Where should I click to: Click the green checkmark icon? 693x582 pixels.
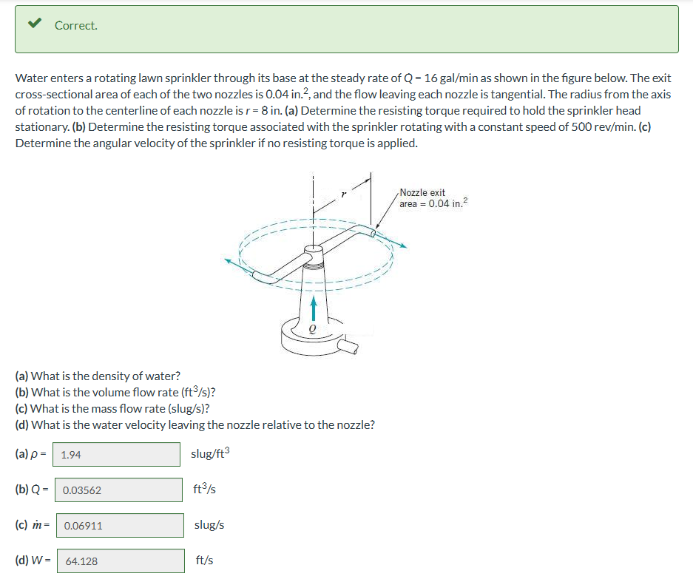[33, 24]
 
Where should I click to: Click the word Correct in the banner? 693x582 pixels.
[75, 25]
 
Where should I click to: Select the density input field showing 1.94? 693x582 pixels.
[118, 455]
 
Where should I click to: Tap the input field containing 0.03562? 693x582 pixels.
[118, 490]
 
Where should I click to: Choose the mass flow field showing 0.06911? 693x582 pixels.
[119, 526]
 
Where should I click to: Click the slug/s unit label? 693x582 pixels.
[209, 525]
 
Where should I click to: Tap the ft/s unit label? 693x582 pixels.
[205, 561]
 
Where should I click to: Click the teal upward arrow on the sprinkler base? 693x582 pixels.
[314, 308]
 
